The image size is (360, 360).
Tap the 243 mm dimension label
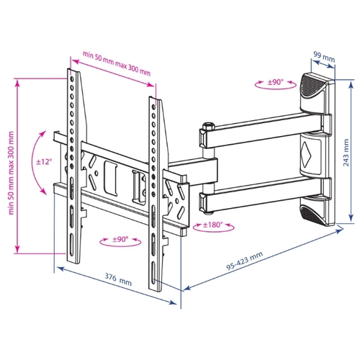pos(346,153)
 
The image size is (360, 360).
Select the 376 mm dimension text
pos(118,279)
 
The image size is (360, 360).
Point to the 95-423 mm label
pos(245,261)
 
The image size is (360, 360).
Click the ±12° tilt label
pos(44,162)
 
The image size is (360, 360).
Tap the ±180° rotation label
pos(213,225)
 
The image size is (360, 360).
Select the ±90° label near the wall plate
pos(276,82)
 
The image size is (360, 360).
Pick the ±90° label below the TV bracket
pos(120,239)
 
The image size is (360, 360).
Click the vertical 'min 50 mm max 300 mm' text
pos(11,173)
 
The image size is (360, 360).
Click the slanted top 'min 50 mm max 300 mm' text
pos(117,63)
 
